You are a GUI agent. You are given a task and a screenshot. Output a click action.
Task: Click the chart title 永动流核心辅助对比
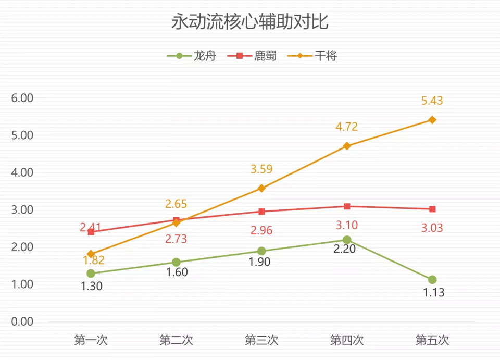pos(249,23)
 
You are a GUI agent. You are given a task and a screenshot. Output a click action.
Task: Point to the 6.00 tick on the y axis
pos(22,98)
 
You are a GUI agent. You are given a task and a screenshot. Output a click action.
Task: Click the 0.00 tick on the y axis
pos(22,321)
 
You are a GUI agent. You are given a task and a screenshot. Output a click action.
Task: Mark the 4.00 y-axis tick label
pos(22,172)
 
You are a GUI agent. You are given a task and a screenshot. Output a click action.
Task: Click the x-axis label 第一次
pos(91,341)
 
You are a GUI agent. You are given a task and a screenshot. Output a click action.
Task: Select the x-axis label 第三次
pos(261,341)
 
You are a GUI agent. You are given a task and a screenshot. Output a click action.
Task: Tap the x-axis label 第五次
pos(432,341)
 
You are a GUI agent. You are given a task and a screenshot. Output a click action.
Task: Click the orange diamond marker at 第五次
pos(432,120)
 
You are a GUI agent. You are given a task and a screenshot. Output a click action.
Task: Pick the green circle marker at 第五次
pos(432,280)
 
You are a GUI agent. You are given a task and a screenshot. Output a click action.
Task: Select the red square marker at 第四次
pos(347,206)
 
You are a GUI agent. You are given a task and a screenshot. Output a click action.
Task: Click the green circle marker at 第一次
pos(91,274)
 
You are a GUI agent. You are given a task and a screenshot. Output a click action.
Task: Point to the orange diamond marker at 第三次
pos(261,188)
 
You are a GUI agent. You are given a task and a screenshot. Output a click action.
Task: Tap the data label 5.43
pos(432,101)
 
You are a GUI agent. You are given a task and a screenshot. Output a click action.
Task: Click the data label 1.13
pos(433,293)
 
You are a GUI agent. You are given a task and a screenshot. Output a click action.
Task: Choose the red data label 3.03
pos(432,228)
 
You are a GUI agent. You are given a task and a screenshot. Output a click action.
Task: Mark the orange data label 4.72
pos(347,127)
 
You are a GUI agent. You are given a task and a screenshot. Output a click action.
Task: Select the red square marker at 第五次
pos(432,209)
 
